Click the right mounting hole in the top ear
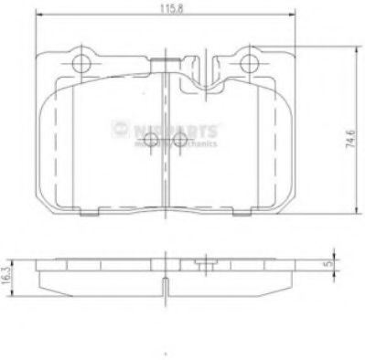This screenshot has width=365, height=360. coord(248,62)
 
